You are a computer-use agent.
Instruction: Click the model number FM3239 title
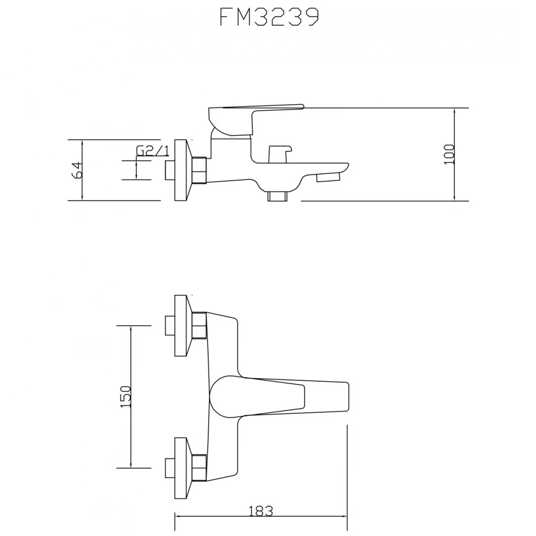269,18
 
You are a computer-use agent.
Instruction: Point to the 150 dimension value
125,396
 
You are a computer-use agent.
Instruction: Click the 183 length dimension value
260,511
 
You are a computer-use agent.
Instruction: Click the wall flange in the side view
181,170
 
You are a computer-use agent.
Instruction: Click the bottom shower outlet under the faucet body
278,195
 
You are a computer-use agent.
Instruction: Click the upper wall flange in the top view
182,325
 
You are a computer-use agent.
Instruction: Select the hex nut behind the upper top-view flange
200,326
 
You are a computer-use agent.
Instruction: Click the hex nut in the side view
200,170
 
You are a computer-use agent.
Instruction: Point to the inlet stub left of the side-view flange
169,170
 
